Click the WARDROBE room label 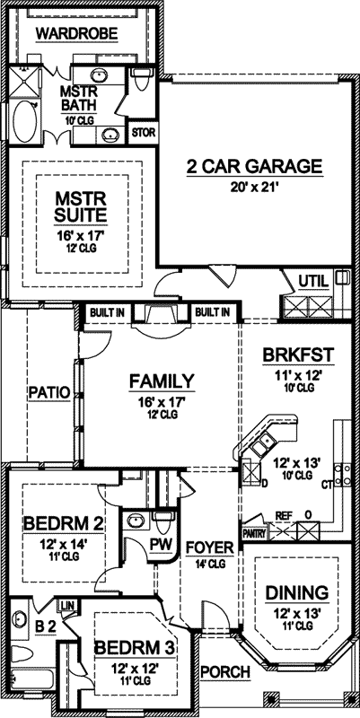pyautogui.click(x=77, y=33)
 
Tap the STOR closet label pyautogui.click(x=144, y=133)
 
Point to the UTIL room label pyautogui.click(x=313, y=282)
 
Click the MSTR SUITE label pyautogui.click(x=81, y=206)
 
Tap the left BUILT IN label pyautogui.click(x=108, y=313)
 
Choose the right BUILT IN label pyautogui.click(x=213, y=313)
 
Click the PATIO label pyautogui.click(x=49, y=392)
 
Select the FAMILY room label pyautogui.click(x=162, y=381)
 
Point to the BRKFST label pyautogui.click(x=299, y=355)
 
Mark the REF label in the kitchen pyautogui.click(x=283, y=515)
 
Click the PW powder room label pyautogui.click(x=161, y=544)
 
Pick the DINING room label pyautogui.click(x=297, y=592)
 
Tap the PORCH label pyautogui.click(x=225, y=672)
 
